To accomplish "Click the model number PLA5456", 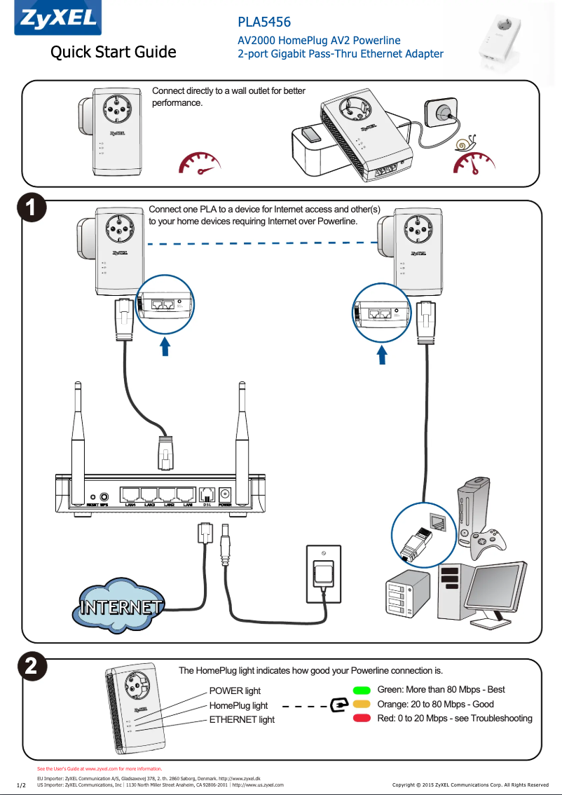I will coord(264,23).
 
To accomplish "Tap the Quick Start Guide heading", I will coord(113,53).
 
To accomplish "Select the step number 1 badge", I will coord(32,208).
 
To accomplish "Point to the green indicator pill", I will coord(362,691).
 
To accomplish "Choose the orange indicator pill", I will coord(362,705).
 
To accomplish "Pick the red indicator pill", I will coord(362,719).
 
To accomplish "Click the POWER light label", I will coord(235,691).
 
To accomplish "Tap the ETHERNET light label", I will coord(242,720).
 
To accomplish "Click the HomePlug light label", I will coord(238,706).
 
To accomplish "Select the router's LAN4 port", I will coord(130,495).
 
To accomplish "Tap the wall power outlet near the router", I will coord(324,573).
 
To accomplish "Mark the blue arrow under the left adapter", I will coord(165,346).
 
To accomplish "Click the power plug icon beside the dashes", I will coord(338,704).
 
